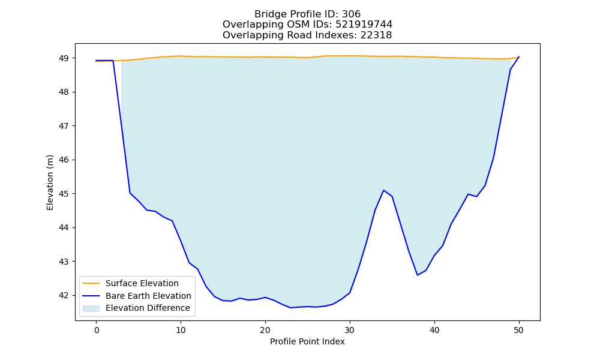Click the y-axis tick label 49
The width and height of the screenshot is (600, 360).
64,58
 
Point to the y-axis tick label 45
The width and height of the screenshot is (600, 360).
64,194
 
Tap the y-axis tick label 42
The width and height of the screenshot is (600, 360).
64,295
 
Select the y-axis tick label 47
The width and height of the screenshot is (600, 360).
64,126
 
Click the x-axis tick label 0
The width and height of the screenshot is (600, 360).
97,330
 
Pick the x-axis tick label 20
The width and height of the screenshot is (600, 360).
265,330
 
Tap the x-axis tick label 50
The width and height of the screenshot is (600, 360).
518,330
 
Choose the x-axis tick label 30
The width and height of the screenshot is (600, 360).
350,330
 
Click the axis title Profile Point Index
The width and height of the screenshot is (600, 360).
307,341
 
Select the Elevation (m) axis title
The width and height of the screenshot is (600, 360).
50,182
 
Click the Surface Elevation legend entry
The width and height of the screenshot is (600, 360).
142,283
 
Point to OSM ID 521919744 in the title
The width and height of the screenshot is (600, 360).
364,25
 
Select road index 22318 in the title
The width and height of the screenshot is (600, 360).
376,35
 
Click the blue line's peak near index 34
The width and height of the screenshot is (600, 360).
383,190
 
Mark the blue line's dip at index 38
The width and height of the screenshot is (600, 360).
417,275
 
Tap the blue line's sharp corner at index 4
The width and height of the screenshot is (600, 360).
130,193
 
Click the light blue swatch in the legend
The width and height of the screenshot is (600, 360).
91,308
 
